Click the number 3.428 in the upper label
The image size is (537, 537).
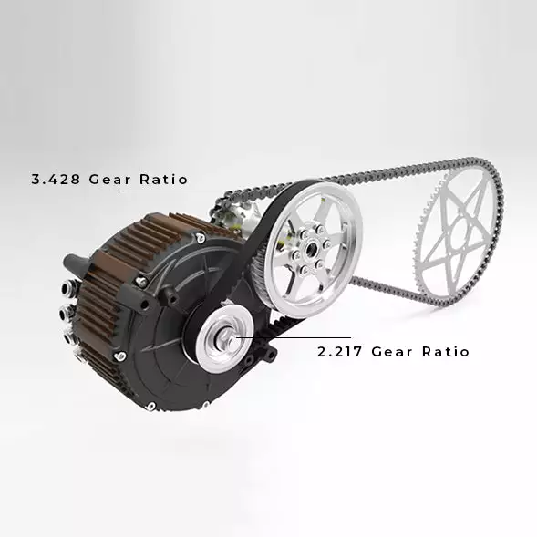[56, 179]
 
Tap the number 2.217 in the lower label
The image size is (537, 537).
[339, 352]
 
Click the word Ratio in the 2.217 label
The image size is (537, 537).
[446, 352]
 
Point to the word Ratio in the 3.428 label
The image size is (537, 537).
[164, 179]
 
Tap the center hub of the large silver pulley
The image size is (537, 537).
[311, 247]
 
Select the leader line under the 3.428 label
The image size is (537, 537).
[177, 191]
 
